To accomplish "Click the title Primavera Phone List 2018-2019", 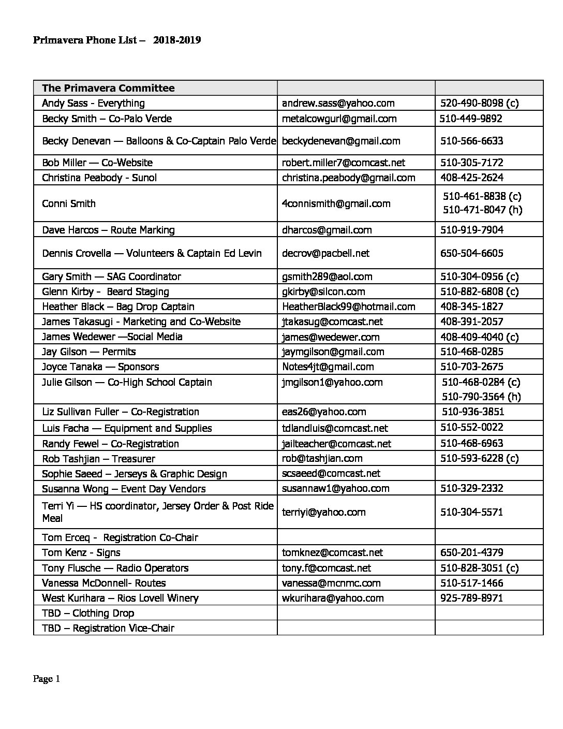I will click(117, 40).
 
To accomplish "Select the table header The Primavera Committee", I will click(108, 88).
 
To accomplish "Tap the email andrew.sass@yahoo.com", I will click(338, 103).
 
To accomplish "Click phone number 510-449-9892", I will click(471, 119).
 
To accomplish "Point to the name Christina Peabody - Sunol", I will click(99, 178).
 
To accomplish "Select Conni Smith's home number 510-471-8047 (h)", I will click(482, 210).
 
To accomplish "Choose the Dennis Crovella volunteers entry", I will click(152, 253).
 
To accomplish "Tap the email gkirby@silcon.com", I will click(323, 291).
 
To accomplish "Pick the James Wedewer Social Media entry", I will click(112, 337).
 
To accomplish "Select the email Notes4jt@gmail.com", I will click(328, 367).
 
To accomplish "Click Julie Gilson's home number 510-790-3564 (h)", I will click(481, 397).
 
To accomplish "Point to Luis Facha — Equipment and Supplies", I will click(127, 428).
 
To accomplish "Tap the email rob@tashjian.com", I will click(322, 458).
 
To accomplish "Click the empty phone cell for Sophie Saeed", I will click(488, 473).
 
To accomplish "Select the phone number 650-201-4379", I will click(471, 552).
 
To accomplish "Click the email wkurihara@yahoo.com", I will click(333, 598).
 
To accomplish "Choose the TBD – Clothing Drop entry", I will click(88, 613).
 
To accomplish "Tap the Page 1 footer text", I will click(47, 679).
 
